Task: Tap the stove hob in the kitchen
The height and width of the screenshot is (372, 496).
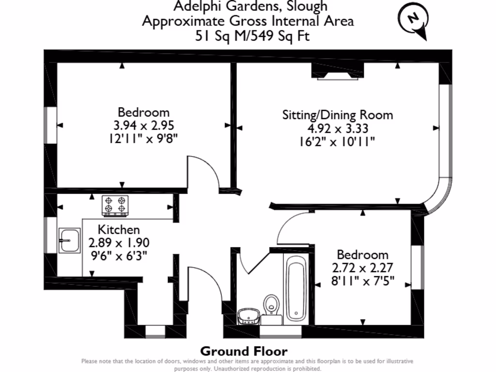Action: [x=115, y=205]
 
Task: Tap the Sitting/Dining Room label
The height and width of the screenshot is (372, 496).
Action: [x=338, y=115]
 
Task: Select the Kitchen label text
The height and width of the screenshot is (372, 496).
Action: [x=119, y=230]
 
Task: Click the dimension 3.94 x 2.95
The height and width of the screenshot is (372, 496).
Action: [x=143, y=125]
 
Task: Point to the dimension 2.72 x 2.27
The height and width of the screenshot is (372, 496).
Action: [x=363, y=267]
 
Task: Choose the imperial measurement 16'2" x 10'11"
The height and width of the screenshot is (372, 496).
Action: [x=338, y=141]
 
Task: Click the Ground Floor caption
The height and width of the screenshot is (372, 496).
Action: [x=244, y=351]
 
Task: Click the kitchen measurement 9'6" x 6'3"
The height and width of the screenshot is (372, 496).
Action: [x=119, y=255]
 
